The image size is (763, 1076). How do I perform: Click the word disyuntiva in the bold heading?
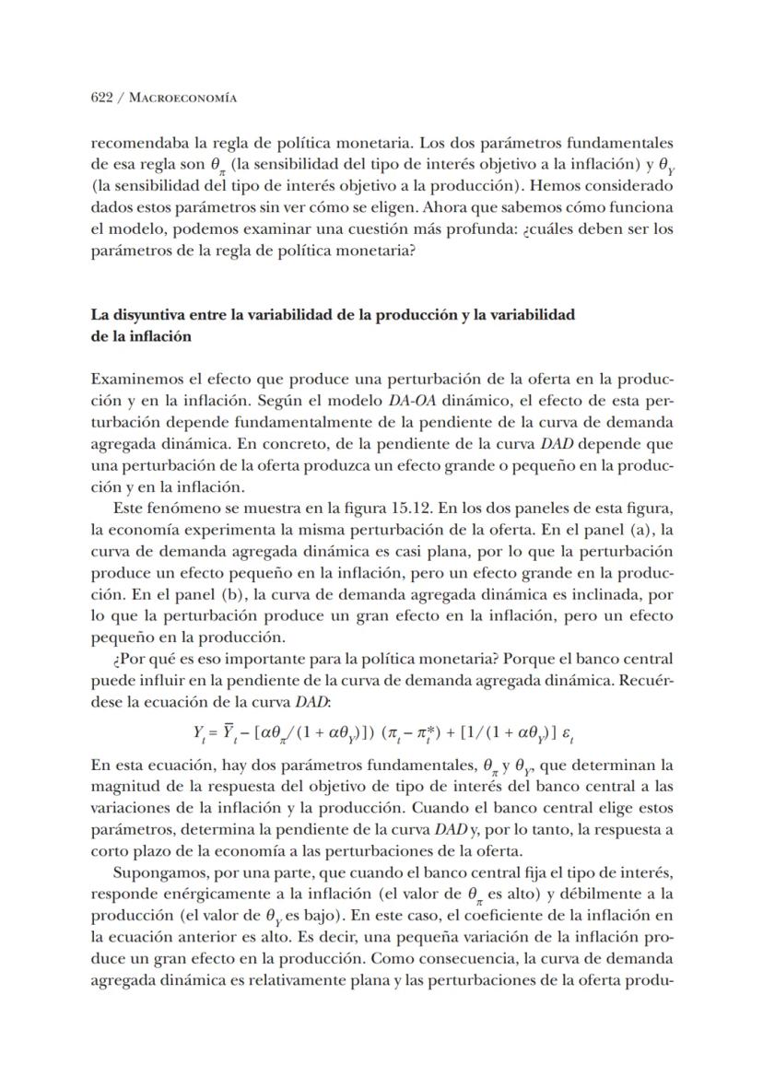pyautogui.click(x=146, y=314)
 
